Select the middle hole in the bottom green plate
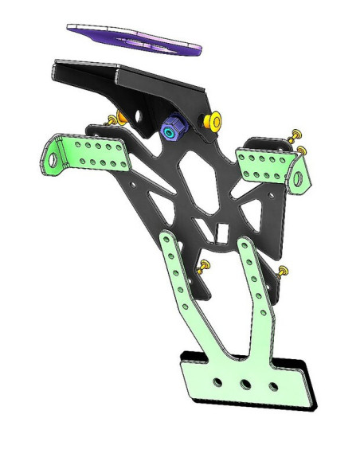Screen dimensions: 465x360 245,383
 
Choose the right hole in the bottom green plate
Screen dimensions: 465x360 273,386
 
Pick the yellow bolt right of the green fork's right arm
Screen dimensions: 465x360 283,272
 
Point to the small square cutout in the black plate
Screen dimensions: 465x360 223,231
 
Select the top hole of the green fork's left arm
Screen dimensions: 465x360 169,242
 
